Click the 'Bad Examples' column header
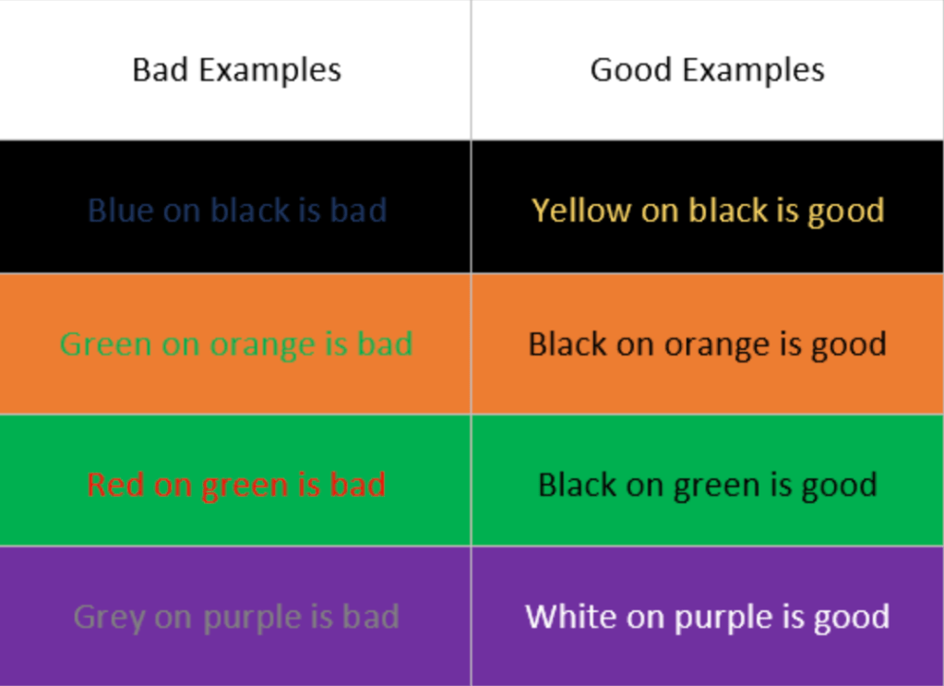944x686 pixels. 236,71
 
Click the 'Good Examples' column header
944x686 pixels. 708,71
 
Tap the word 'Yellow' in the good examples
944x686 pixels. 581,211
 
